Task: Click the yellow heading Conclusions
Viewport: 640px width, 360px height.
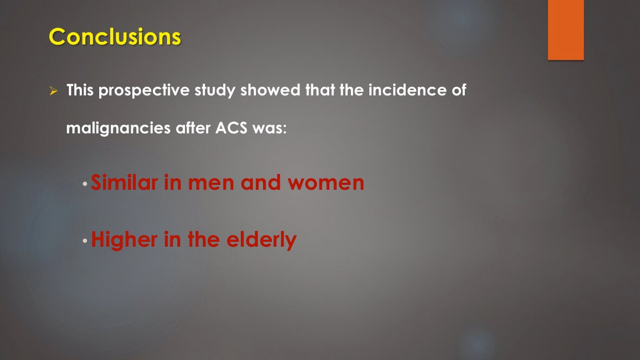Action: coord(114,37)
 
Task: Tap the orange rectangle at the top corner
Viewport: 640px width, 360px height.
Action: coord(566,30)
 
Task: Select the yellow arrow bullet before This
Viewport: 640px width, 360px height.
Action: coord(54,91)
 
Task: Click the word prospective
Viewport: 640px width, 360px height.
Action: coord(144,91)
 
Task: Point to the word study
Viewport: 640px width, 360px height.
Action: coord(215,91)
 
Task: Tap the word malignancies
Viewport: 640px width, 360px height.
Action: coord(118,128)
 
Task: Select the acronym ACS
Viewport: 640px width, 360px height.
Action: coord(232,128)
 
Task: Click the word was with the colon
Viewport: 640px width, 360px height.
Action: coord(270,128)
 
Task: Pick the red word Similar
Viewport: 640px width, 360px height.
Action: coord(125,183)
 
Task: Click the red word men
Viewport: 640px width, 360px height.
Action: coord(212,183)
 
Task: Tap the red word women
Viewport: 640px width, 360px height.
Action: coord(326,183)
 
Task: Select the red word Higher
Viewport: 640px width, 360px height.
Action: coord(124,240)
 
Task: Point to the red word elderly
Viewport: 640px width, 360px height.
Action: coord(261,240)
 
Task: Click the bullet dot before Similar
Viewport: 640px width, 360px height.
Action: coord(85,184)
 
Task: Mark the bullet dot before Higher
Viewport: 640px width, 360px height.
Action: coord(85,241)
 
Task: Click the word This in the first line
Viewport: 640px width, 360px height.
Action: coord(80,90)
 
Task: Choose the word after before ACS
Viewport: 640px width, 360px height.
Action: coord(193,128)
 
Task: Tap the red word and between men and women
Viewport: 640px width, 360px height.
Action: coord(261,183)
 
